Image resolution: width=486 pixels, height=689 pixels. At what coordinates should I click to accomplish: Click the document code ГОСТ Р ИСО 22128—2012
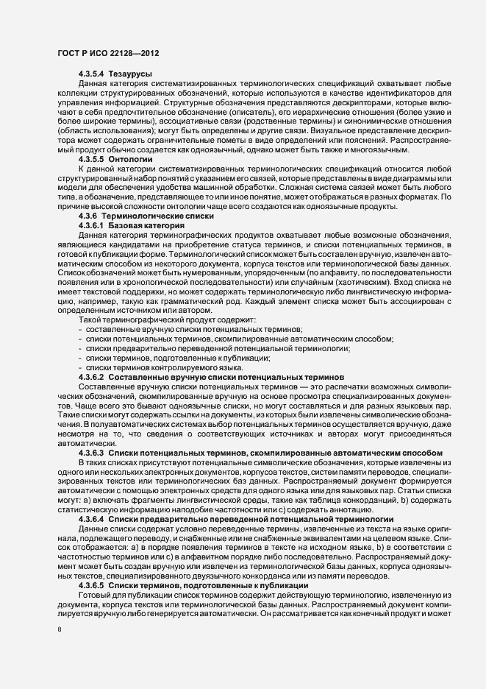pyautogui.click(x=107, y=54)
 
